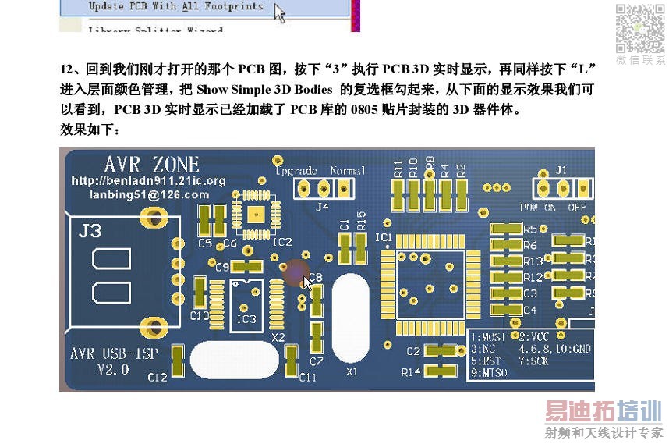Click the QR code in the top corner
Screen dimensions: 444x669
pos(640,28)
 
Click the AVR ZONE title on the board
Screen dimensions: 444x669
pos(151,165)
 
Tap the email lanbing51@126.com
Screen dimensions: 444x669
pos(149,194)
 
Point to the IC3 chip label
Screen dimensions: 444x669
pos(246,318)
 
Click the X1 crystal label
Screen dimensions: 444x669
pos(352,372)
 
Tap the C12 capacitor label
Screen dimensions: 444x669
pos(158,377)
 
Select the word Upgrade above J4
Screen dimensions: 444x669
pos(296,169)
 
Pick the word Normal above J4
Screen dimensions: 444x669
pos(348,169)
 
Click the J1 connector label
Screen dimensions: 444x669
pos(561,169)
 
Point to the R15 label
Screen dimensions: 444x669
pos(361,220)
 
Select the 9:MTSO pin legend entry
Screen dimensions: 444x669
pos(490,374)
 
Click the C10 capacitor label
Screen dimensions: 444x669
pos(199,315)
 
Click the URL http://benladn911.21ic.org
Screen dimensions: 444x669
pos(148,180)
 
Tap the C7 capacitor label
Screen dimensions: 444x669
pos(316,361)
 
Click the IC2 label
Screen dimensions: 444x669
pos(281,243)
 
